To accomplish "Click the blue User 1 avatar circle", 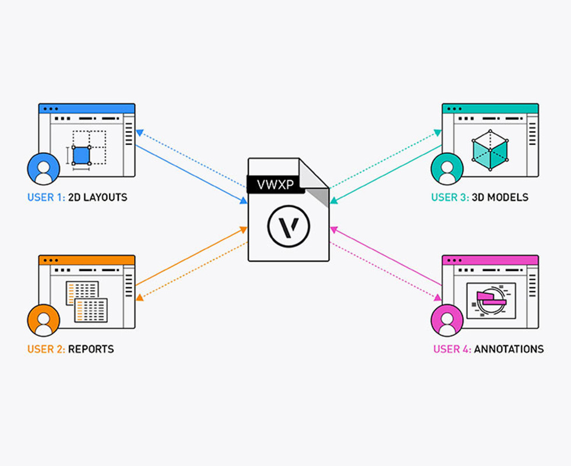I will (x=43, y=168).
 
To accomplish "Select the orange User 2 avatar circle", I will (x=43, y=320).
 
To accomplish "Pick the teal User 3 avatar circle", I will (x=447, y=168).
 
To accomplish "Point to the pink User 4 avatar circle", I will (x=447, y=320).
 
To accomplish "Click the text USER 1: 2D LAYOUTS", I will (x=77, y=197).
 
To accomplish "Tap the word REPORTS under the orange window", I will (x=91, y=349).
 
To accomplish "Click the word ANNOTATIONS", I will (x=509, y=349).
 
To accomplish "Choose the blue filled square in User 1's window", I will (x=82, y=156).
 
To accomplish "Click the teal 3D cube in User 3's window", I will (x=489, y=150).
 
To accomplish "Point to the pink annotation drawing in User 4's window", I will (x=491, y=299).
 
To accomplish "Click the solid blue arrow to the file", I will (x=192, y=174).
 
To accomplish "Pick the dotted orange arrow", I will (x=192, y=270).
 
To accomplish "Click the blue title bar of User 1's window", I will (x=87, y=108).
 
